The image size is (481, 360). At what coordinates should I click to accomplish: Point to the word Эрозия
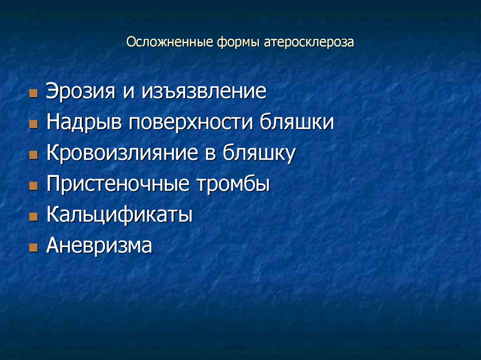(81, 92)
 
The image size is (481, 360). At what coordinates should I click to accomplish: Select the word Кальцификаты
(119, 215)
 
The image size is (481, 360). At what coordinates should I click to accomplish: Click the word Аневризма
(99, 246)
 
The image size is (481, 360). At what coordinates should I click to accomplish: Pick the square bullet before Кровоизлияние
(32, 155)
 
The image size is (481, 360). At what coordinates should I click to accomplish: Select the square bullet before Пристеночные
(32, 186)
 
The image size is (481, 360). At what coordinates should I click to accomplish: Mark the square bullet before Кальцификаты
(32, 217)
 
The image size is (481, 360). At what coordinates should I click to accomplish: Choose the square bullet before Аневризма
(32, 247)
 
